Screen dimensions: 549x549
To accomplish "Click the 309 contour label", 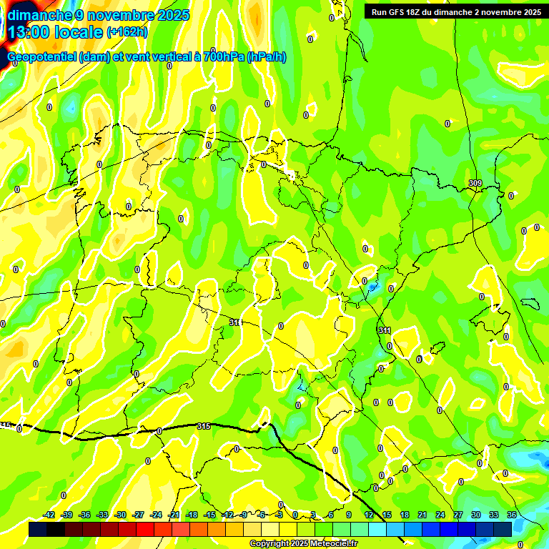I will coord(475,184).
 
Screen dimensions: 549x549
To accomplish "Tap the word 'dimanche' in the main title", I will coord(40,15).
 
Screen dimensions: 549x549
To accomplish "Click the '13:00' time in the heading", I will coord(31,32).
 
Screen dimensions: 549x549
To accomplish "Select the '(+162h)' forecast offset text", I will coord(127,32).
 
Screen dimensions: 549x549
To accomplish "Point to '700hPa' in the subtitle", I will coord(224,57).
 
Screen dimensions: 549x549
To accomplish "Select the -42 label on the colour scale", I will coord(49,515).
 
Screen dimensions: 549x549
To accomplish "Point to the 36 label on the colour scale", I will coord(512,515).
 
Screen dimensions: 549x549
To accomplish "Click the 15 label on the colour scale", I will coord(387,515).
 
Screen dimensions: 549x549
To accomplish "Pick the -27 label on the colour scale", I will coord(138,515).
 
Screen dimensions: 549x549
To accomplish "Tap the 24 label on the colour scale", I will coord(440,515).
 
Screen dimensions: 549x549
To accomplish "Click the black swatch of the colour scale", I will coord(56,529).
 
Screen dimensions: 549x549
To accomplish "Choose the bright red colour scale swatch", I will coord(145,529).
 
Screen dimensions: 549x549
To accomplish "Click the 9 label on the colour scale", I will coord(349,515).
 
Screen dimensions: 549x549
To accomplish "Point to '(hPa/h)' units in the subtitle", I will coord(266,57).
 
